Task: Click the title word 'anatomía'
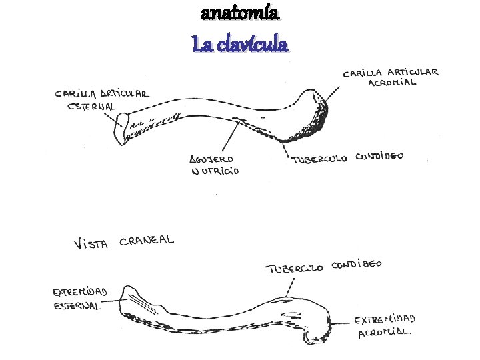tap(240, 13)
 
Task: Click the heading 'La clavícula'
tap(240, 45)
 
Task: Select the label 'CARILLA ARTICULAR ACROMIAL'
tap(390, 77)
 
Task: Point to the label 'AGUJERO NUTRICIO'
tap(214, 165)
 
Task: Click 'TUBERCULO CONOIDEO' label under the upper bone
tap(347, 159)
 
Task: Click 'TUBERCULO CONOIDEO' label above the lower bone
tap(324, 267)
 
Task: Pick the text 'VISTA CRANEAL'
tap(123, 242)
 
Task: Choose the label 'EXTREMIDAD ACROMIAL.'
tap(385, 326)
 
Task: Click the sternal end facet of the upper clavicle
tap(121, 127)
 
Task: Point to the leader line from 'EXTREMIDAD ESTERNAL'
tap(121, 301)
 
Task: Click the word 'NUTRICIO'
tap(215, 171)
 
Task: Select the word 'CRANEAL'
tap(147, 241)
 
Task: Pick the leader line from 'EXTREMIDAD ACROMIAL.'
tap(341, 323)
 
